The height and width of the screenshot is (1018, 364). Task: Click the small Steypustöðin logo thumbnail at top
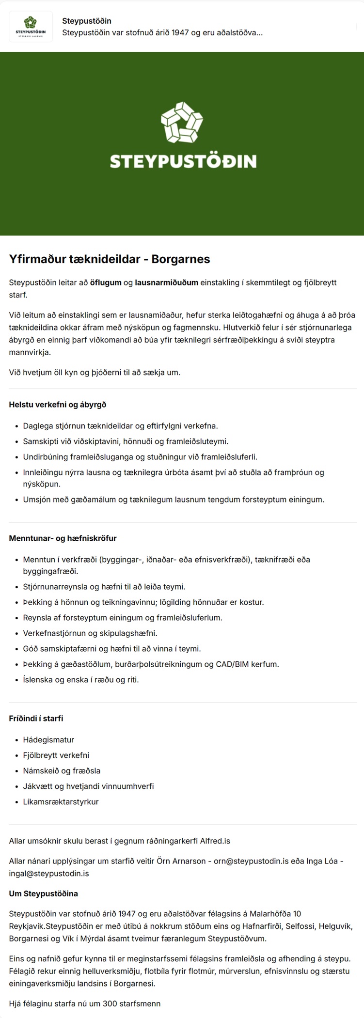click(x=31, y=27)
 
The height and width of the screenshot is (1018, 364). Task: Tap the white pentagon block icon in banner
click(x=182, y=123)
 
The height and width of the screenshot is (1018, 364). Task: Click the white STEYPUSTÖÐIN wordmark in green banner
click(x=183, y=161)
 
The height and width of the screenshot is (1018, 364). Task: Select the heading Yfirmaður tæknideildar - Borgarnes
click(x=110, y=259)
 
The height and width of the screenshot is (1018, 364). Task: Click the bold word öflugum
click(x=106, y=282)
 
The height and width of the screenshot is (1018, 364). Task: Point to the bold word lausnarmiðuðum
click(x=166, y=282)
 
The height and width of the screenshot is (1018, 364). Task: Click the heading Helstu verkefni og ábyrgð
click(x=57, y=405)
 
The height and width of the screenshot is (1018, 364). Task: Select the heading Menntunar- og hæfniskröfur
click(x=63, y=538)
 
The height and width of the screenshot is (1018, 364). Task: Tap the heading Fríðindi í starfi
click(x=36, y=719)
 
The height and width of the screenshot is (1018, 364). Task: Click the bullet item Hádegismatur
click(x=48, y=740)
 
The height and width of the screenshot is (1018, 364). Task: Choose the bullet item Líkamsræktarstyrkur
click(x=61, y=802)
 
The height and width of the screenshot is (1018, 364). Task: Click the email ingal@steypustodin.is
click(x=49, y=874)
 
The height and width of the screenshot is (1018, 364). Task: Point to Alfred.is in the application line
click(x=215, y=841)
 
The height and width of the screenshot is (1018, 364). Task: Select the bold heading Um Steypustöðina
click(x=43, y=893)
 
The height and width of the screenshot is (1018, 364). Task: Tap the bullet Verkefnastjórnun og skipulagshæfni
click(x=90, y=633)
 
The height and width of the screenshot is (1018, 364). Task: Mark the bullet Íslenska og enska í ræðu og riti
click(x=81, y=680)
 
